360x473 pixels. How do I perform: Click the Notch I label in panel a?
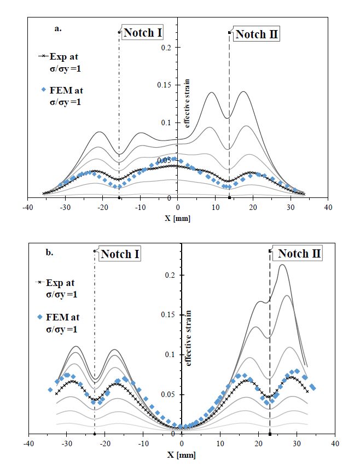[x=142, y=33]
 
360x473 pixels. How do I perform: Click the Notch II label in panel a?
[x=257, y=35]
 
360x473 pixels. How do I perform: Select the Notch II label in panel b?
[x=299, y=254]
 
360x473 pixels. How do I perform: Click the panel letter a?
[x=57, y=28]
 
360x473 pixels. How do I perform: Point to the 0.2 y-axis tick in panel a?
[x=169, y=48]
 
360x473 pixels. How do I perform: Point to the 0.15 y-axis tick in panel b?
[x=170, y=315]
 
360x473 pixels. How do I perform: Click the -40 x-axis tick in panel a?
[x=27, y=208]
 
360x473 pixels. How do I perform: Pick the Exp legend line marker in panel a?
[x=43, y=56]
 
